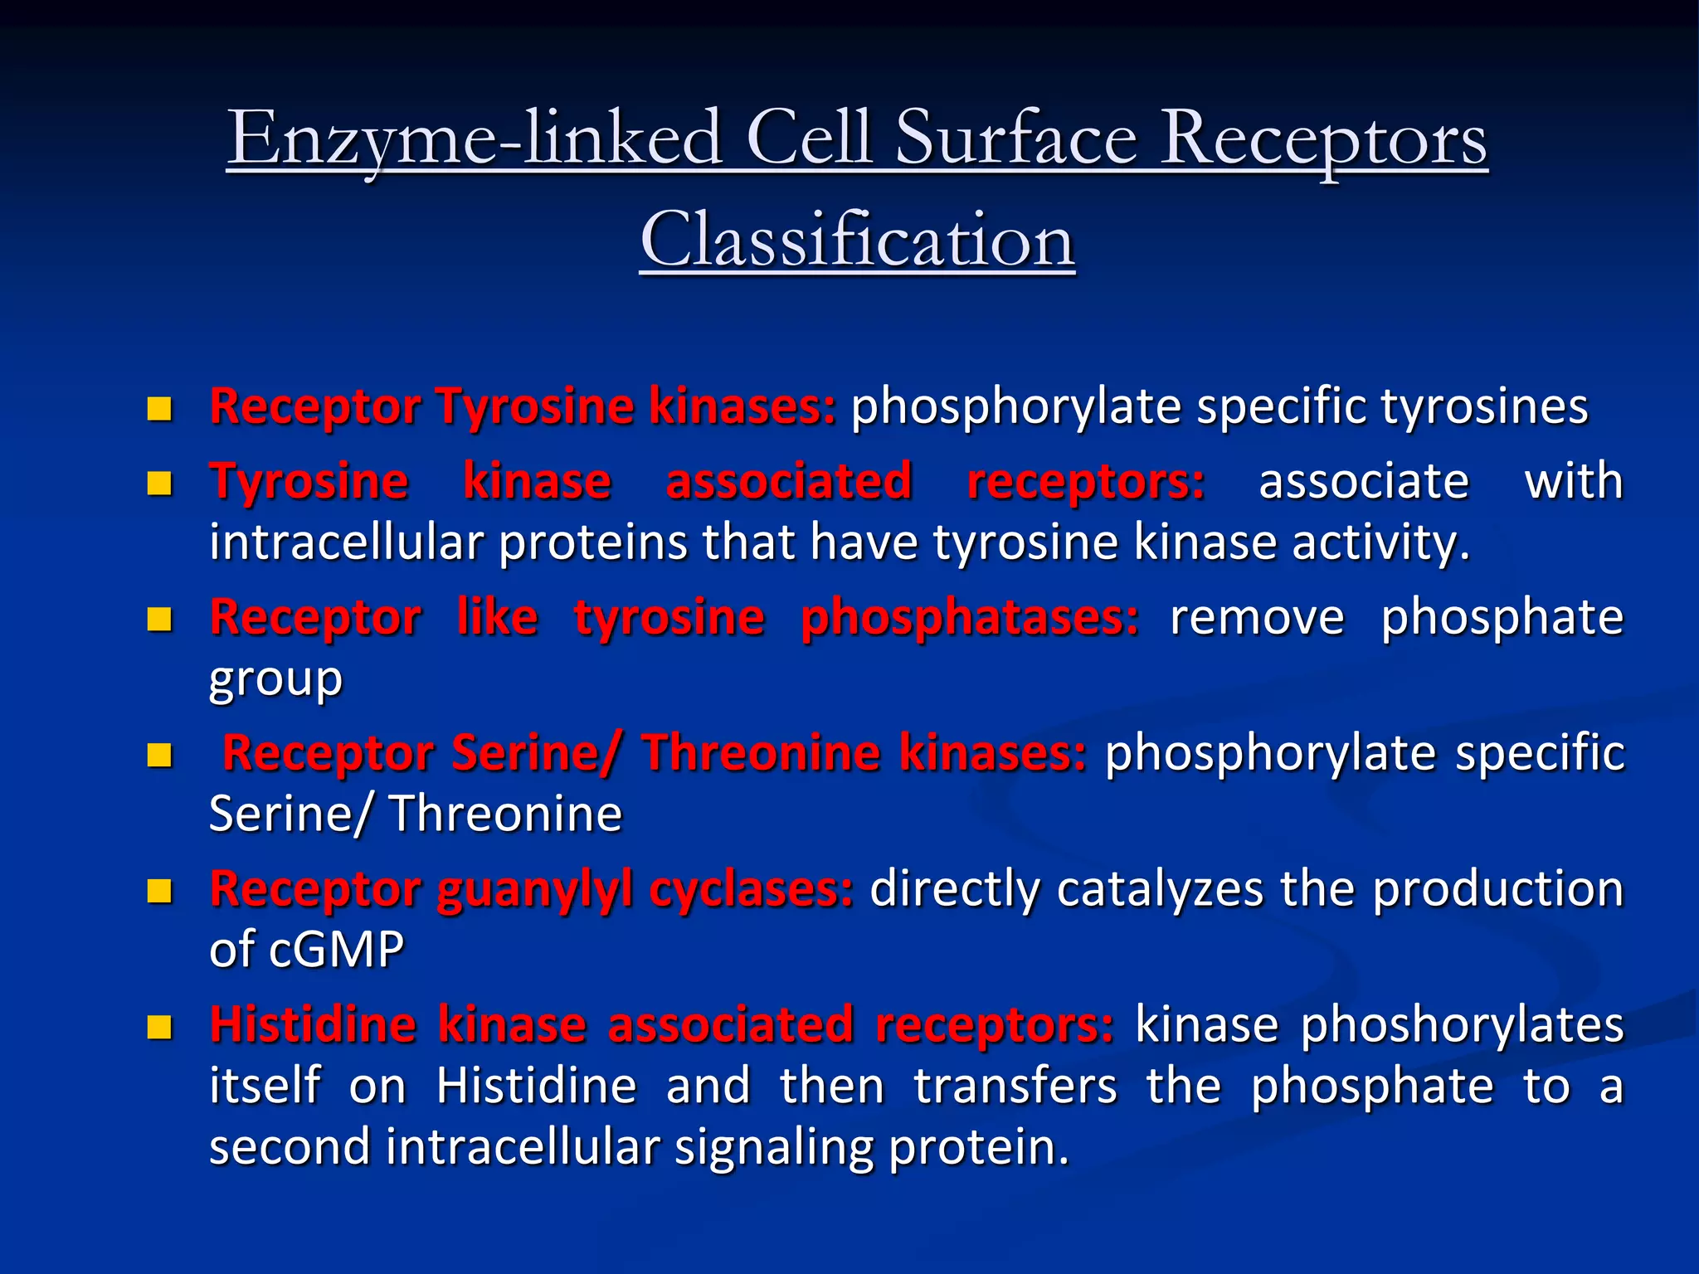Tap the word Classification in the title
coord(857,241)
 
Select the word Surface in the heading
coord(1016,139)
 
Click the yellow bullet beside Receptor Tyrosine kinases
coord(158,408)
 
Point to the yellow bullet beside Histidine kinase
coord(158,1027)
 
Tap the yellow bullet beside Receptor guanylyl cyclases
coord(158,892)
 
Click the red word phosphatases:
coord(970,619)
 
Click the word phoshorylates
coord(1461,1025)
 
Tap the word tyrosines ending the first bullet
coord(1484,407)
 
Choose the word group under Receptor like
coord(275,680)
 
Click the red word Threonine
coord(760,753)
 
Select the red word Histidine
coord(313,1025)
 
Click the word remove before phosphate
coord(1256,619)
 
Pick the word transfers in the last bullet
coord(1015,1087)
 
